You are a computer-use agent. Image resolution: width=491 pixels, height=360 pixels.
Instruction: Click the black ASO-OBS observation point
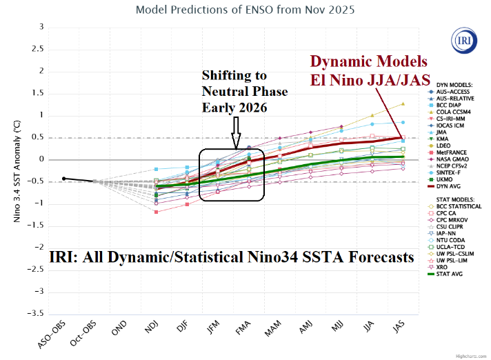coord(63,179)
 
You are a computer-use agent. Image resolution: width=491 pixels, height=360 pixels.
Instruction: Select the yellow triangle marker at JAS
coord(403,103)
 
